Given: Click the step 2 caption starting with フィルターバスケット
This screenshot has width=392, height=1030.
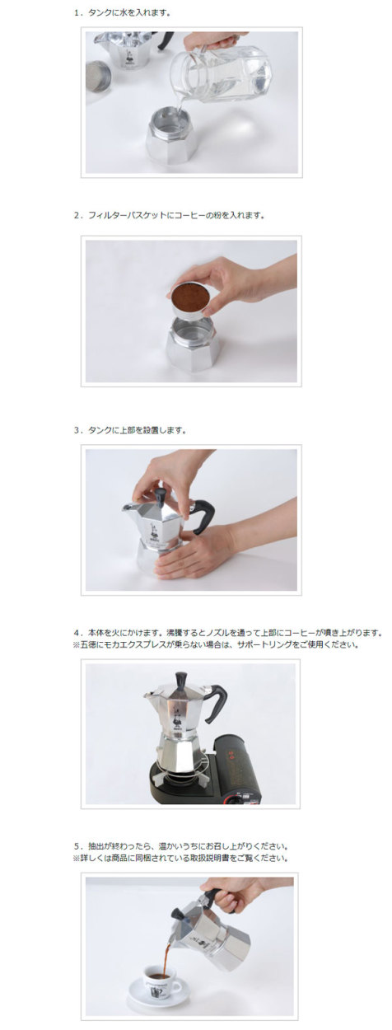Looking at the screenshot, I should click(x=168, y=215).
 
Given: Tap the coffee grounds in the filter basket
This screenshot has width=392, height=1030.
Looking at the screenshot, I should click(x=189, y=293).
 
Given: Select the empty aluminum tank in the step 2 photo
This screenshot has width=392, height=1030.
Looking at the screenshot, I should click(x=190, y=344).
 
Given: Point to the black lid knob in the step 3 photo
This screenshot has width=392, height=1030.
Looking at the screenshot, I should click(x=161, y=494).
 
